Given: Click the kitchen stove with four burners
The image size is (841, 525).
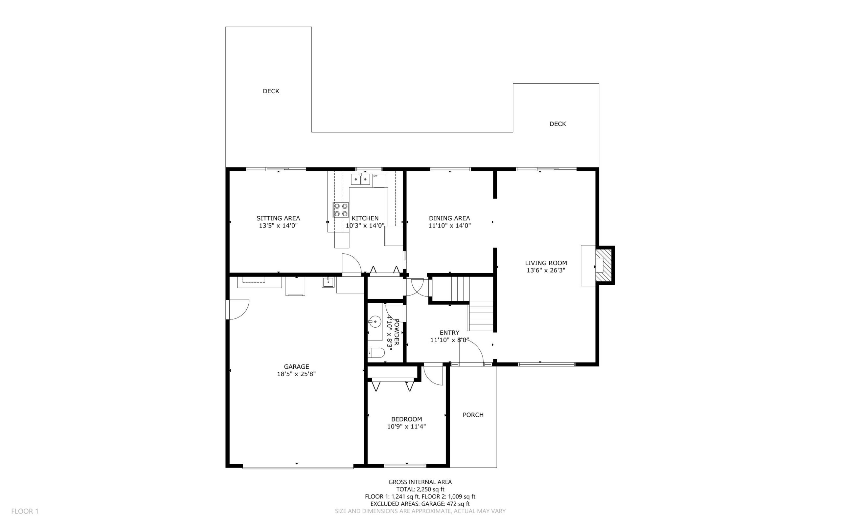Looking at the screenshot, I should point(341,210).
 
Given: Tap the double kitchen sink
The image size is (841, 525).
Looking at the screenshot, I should point(360,180).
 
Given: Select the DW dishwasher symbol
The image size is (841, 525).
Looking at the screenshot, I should point(379,180).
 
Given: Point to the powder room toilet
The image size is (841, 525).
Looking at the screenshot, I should point(376,354).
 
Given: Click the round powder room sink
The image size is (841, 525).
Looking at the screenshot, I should point(375,321).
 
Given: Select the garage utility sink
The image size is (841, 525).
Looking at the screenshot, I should point(328,282).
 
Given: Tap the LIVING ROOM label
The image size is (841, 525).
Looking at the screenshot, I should point(546,263).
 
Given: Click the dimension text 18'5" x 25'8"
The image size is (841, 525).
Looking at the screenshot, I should point(296,374).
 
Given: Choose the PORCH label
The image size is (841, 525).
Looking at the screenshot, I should point(473,415).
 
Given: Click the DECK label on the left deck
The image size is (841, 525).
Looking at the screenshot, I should point(271,91).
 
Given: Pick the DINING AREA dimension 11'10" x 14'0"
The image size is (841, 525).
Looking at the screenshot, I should point(449,226).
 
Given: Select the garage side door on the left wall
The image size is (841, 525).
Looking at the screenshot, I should point(238,309).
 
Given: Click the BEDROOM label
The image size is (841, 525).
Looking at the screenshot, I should point(406,419).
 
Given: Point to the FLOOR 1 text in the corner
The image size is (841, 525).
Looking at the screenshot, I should point(25,511).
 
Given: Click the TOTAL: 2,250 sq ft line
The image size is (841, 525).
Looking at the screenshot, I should point(420,489).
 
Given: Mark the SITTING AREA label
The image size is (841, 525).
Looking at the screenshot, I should point(278,218).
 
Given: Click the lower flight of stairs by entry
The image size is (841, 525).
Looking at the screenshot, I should point(481,316).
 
